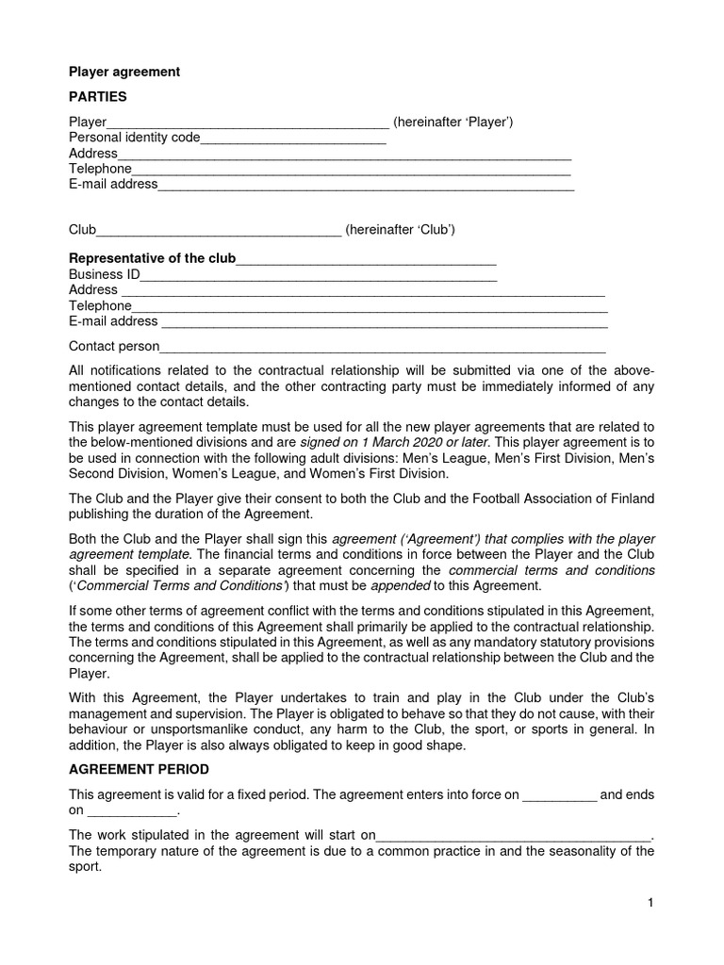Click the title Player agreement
(123, 72)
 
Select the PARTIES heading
(98, 96)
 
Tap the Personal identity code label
(135, 138)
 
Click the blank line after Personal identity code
(293, 139)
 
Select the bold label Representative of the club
(152, 258)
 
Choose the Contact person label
(114, 347)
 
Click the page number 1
(650, 903)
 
